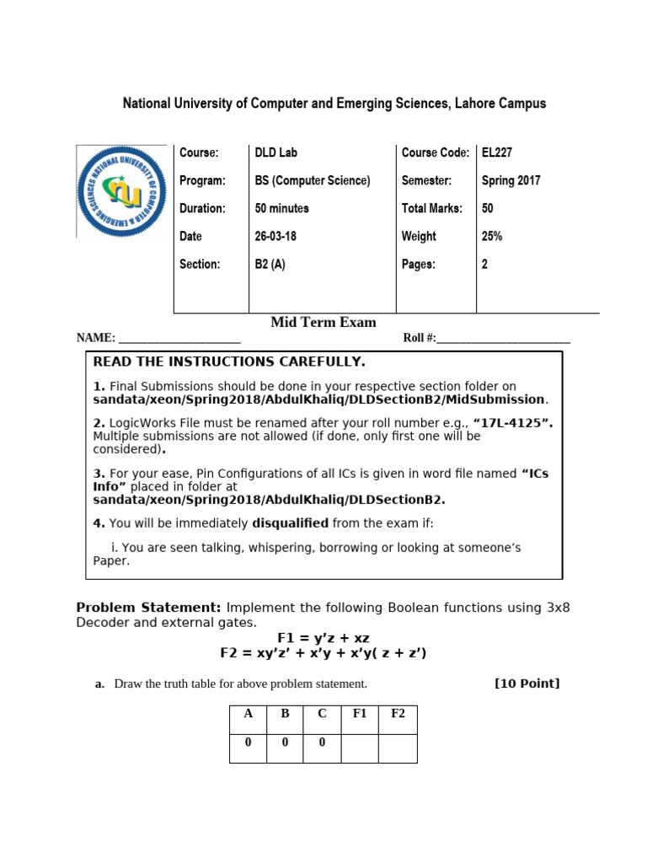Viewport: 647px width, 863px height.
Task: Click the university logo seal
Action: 121,191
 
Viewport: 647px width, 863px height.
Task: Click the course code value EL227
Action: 497,153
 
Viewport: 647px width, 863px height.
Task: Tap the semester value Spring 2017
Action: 511,180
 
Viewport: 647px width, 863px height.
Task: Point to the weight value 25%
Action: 492,236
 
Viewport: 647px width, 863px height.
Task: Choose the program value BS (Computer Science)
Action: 313,180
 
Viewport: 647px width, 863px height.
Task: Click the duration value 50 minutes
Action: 281,208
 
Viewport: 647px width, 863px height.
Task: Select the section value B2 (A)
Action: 270,264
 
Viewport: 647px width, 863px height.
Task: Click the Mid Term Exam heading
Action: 323,323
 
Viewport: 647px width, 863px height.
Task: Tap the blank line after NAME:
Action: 179,339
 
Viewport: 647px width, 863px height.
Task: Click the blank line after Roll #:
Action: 503,339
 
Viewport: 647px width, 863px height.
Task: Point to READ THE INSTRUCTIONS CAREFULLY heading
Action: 229,362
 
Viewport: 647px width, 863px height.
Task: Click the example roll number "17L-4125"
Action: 513,423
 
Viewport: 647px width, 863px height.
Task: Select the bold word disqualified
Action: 290,523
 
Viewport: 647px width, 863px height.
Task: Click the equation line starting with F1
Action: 323,638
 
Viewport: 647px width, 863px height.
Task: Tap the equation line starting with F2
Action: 323,653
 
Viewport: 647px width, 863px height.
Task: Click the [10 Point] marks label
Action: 527,683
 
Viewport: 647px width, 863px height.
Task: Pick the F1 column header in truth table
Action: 360,714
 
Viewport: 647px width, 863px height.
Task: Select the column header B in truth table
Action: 285,714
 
